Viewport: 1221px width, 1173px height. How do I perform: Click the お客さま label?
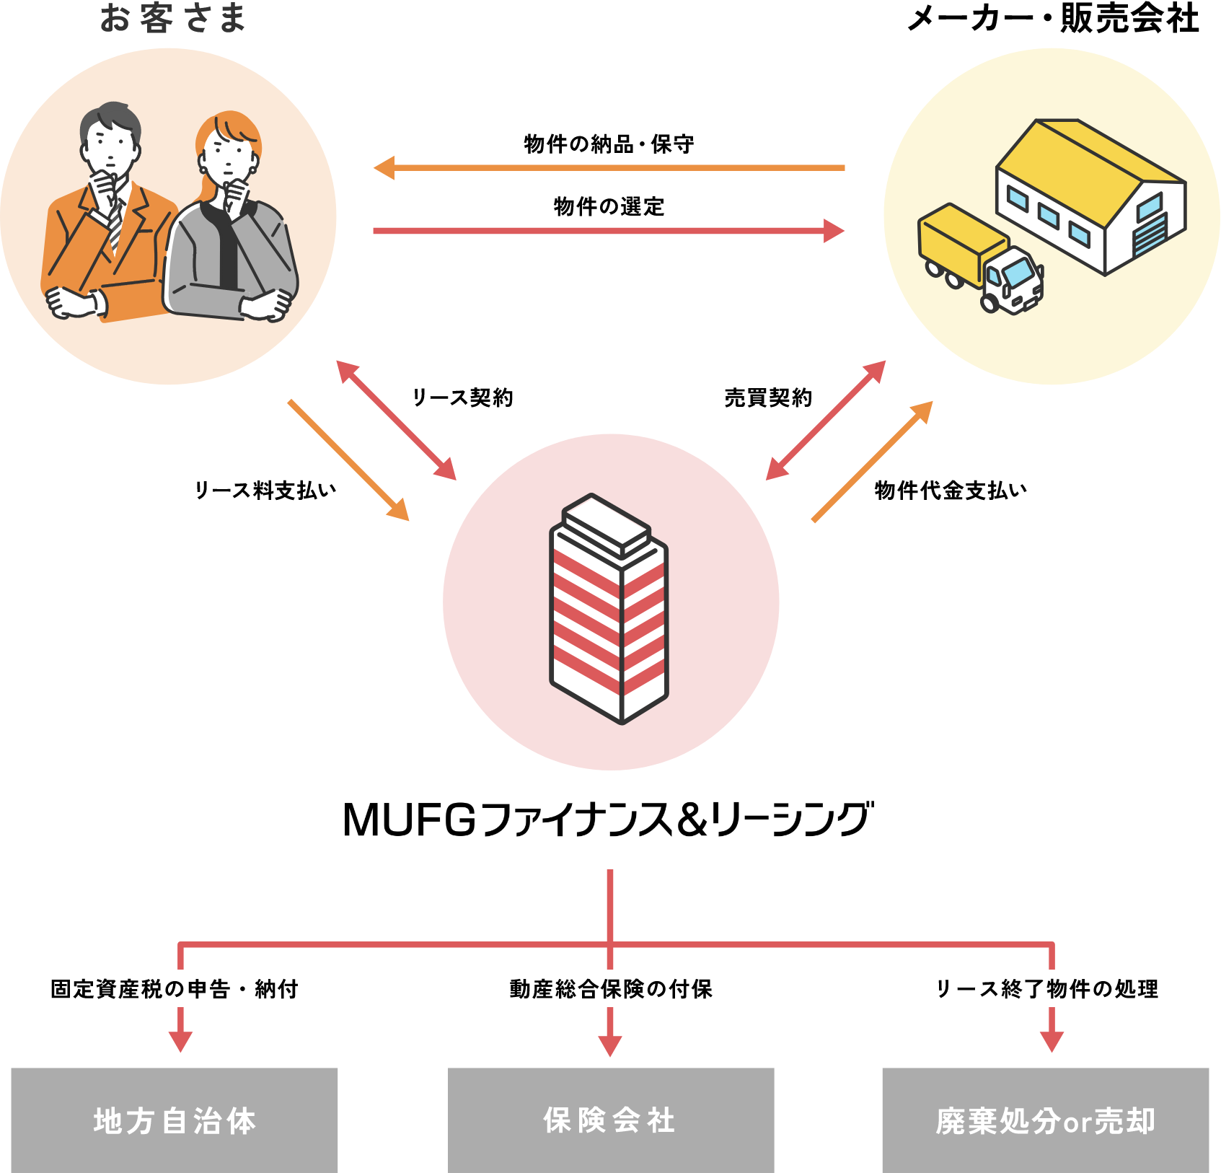tap(173, 19)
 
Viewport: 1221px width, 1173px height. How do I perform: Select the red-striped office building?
tap(609, 610)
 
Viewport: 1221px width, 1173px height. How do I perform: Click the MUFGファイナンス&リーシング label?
tap(609, 820)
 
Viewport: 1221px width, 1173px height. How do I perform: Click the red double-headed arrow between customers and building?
tap(397, 421)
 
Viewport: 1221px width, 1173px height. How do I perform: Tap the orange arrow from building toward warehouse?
tap(873, 462)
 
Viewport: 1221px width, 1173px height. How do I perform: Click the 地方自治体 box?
tap(175, 1120)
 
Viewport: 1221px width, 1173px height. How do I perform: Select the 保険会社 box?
tap(611, 1120)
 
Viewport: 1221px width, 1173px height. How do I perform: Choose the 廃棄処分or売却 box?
tap(1046, 1120)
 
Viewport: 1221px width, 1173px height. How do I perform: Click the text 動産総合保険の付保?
tap(611, 988)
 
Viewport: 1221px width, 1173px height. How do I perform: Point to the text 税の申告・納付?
tap(221, 988)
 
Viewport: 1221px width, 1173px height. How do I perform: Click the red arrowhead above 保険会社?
tap(610, 1046)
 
